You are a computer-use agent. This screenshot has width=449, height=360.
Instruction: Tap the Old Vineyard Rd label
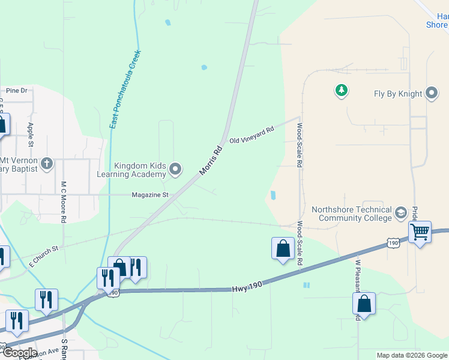point(252,135)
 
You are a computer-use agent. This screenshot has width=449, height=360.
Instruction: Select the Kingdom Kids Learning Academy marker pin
point(175,170)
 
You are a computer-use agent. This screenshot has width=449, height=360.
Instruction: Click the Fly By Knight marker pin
point(432,94)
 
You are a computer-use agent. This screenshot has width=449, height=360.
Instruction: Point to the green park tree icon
point(341,91)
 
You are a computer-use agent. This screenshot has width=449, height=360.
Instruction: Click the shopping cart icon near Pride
point(420,231)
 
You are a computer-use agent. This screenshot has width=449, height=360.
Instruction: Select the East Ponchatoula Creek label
point(124,90)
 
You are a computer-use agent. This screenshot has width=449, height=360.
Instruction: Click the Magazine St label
point(151,195)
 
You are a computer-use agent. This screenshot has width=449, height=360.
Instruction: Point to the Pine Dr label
point(17,91)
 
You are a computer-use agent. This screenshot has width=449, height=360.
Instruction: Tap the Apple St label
point(31,135)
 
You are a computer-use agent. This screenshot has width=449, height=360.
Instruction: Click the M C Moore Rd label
point(63,202)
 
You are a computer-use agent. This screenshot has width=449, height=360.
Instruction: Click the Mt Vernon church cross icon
point(47,163)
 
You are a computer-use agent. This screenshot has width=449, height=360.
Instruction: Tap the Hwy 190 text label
point(247,289)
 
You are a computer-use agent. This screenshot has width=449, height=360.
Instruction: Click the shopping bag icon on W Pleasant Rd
point(364,304)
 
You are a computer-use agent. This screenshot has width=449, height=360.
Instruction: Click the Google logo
point(19,352)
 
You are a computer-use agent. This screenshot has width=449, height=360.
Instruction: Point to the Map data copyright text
point(411,355)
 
